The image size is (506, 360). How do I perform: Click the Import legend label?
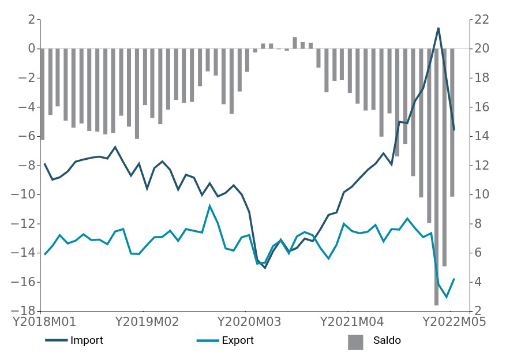pos(87,340)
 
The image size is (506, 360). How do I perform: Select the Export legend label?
pos(238,340)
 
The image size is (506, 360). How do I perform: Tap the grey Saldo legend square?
pos(355,342)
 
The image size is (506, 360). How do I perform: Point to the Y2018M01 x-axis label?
pos(44,321)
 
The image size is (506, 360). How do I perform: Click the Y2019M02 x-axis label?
pos(147,321)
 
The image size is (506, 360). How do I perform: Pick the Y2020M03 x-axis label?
pos(249,321)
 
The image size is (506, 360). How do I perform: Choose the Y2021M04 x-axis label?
pos(352,321)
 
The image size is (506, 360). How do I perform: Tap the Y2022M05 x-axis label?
pos(455,321)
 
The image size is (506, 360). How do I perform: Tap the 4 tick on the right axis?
pos(478,282)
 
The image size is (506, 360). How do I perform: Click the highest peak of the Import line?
pos(438,28)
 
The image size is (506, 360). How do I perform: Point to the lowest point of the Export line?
pos(446,297)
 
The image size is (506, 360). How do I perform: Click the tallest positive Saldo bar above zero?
pos(295,43)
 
